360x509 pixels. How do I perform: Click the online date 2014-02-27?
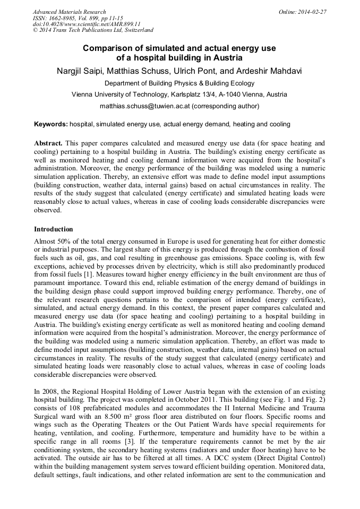313,12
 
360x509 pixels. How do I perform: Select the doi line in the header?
87,24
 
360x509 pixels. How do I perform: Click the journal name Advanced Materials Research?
70,12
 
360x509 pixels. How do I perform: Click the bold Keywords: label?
51,124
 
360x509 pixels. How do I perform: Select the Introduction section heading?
54,229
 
